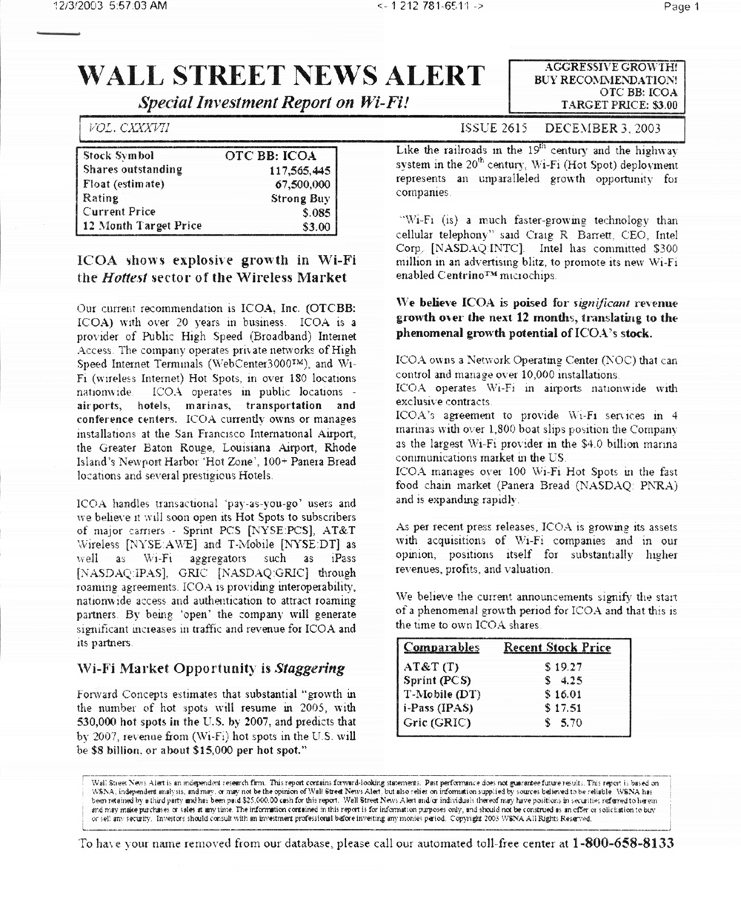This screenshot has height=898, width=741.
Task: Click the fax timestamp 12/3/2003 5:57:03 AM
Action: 111,7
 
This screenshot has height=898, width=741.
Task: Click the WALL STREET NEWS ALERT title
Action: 282,77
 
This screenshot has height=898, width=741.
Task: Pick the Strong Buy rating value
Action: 300,199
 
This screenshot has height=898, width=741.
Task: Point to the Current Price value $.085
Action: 315,213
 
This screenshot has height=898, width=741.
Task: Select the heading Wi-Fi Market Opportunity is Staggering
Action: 211,668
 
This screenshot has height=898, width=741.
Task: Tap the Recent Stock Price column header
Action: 557,648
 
